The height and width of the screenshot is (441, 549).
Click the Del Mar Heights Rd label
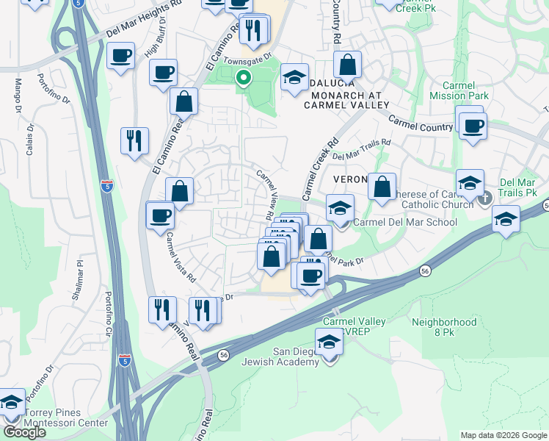pyautogui.click(x=144, y=20)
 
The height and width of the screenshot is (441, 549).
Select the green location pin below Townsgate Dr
pyautogui.click(x=241, y=77)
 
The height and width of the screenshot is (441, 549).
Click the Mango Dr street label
pyautogui.click(x=16, y=93)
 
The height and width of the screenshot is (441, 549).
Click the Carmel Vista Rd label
pyautogui.click(x=181, y=258)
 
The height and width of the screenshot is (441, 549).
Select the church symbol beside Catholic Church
pyautogui.click(x=484, y=198)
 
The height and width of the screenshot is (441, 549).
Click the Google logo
pyautogui.click(x=23, y=431)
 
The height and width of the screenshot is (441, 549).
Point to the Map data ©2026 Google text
pyautogui.click(x=503, y=435)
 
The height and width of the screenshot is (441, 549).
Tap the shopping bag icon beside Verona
pyautogui.click(x=382, y=187)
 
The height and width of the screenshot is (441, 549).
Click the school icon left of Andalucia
pyautogui.click(x=294, y=78)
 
